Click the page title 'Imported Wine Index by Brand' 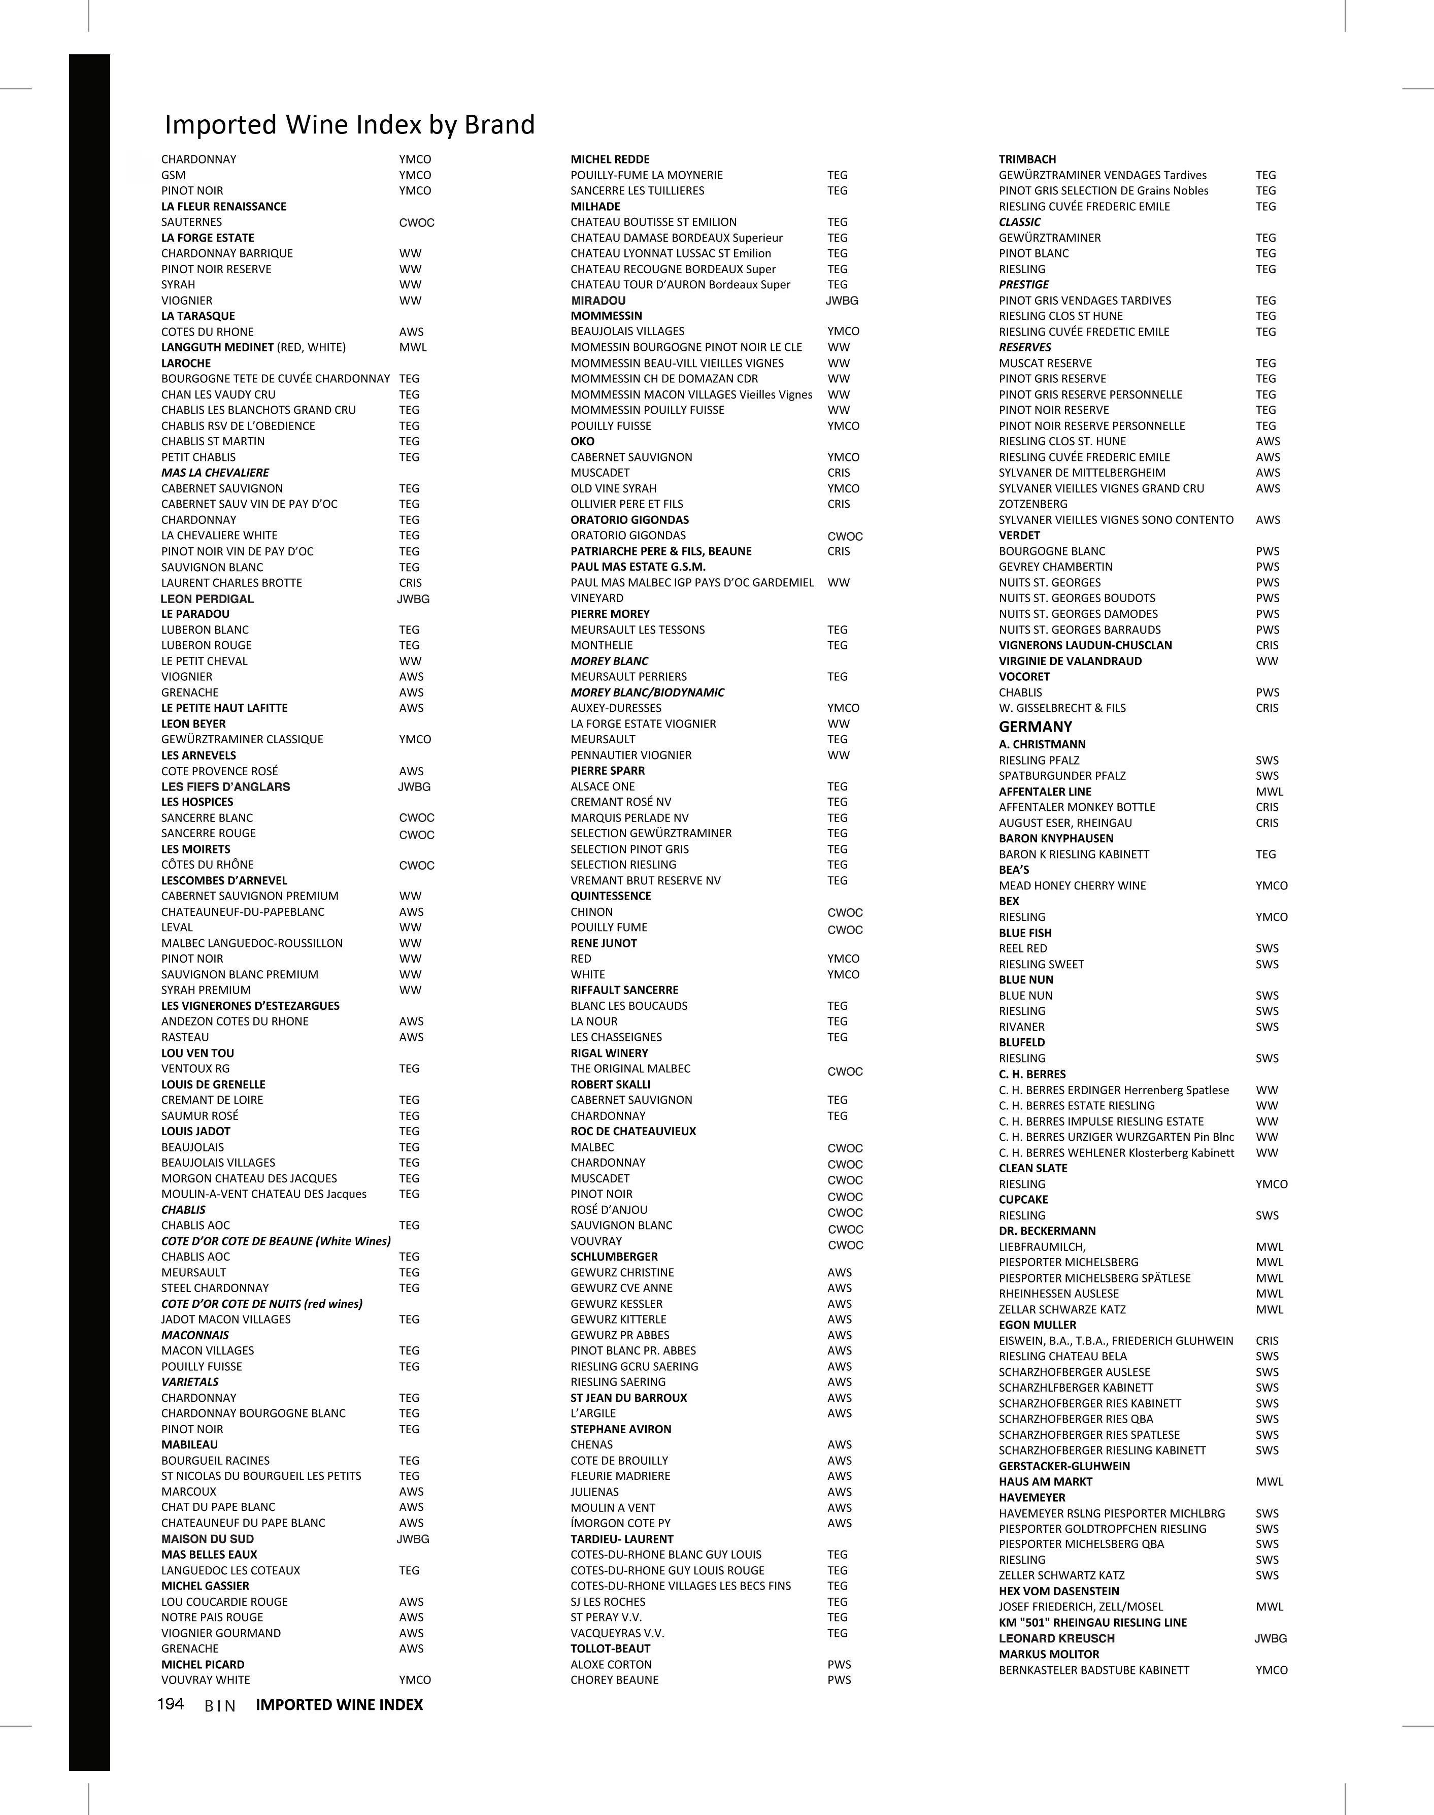pyautogui.click(x=349, y=124)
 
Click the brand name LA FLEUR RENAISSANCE pyautogui.click(x=223, y=207)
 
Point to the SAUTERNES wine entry pyautogui.click(x=191, y=222)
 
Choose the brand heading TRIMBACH pyautogui.click(x=1027, y=159)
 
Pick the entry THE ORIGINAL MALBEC pyautogui.click(x=630, y=1069)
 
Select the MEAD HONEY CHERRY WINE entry pyautogui.click(x=1072, y=886)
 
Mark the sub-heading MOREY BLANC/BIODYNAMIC pyautogui.click(x=647, y=692)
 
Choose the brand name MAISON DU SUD pyautogui.click(x=208, y=1539)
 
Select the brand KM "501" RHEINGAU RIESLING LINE pyautogui.click(x=1092, y=1622)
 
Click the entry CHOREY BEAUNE pyautogui.click(x=615, y=1680)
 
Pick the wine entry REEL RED pyautogui.click(x=1023, y=949)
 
